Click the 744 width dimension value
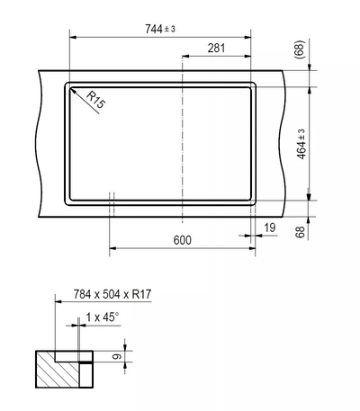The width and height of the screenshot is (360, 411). (x=155, y=29)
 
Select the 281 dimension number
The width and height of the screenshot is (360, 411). (x=216, y=48)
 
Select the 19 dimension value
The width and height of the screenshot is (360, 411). (x=270, y=229)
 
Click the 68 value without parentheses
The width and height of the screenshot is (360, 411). (x=301, y=233)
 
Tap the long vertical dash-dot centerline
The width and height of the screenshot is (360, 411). (x=183, y=135)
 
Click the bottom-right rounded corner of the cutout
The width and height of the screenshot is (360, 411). (x=252, y=197)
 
